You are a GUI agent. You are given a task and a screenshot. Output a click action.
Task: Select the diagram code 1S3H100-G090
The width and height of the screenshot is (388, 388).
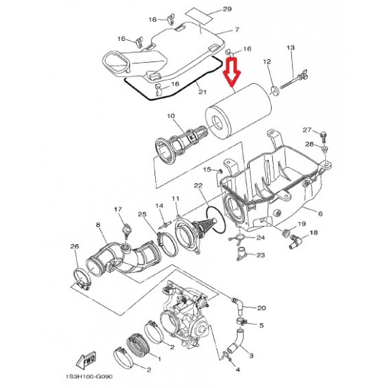pyautogui.click(x=89, y=377)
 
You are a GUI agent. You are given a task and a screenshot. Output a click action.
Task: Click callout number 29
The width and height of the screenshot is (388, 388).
pyautogui.click(x=227, y=9)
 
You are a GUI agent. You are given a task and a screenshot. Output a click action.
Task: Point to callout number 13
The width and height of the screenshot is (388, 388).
pyautogui.click(x=291, y=47)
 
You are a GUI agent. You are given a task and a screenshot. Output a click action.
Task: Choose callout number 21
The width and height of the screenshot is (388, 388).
pyautogui.click(x=202, y=92)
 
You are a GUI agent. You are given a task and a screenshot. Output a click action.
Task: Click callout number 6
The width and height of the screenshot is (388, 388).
pyautogui.click(x=320, y=213)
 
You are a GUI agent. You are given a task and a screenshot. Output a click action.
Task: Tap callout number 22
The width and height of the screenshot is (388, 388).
pyautogui.click(x=198, y=186)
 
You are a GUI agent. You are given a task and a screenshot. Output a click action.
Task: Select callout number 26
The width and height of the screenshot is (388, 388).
pyautogui.click(x=75, y=246)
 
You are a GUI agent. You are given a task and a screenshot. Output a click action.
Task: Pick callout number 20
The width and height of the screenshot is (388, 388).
pyautogui.click(x=261, y=308)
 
